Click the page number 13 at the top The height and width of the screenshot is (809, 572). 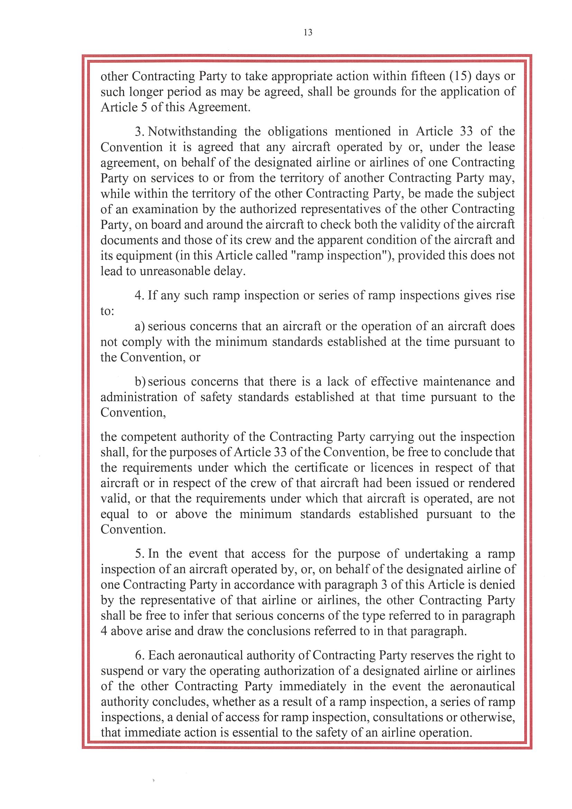308,32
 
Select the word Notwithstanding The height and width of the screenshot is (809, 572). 192,131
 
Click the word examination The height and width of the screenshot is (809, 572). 165,209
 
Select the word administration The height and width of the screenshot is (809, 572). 139,397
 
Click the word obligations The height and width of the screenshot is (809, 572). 297,131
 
